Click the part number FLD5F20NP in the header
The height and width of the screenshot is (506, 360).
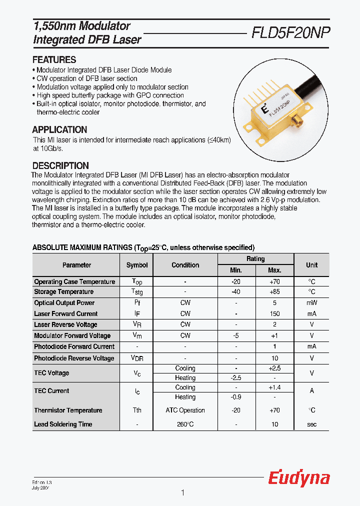[290, 33]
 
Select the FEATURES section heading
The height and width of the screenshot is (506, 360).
[54, 59]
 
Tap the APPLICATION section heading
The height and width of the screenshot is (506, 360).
[59, 129]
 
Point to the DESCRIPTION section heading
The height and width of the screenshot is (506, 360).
[60, 165]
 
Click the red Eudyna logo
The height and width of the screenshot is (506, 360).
[299, 478]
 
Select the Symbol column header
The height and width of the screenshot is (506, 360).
[136, 265]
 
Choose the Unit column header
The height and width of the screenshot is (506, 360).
[311, 265]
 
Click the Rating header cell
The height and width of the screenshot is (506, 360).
[255, 259]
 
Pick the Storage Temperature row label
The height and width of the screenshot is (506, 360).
[63, 292]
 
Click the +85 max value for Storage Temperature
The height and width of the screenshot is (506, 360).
[274, 292]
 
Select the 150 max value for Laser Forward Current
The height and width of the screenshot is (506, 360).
[274, 314]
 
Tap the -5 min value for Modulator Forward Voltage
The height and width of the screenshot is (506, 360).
[236, 335]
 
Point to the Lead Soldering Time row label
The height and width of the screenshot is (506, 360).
[63, 424]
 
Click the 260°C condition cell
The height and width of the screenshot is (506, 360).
[185, 424]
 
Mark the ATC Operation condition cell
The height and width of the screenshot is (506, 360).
[185, 410]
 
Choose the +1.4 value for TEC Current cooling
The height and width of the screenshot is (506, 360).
[274, 387]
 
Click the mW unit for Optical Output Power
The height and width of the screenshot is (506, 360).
[311, 303]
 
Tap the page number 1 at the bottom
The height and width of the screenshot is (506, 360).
[182, 493]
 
